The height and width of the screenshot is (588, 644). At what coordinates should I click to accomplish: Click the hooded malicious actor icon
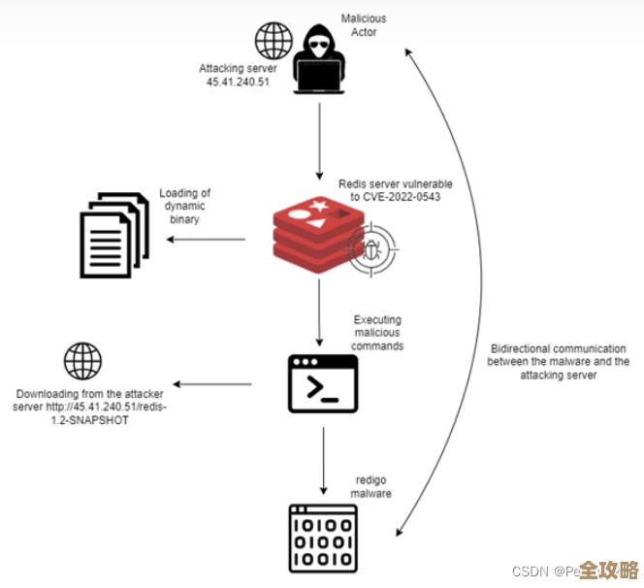(x=319, y=60)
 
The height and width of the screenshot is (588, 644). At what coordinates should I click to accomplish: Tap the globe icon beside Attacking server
(x=274, y=41)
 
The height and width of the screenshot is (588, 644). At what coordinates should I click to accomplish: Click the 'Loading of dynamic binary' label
(x=185, y=206)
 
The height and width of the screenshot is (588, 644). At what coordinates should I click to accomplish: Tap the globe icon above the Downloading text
(x=82, y=360)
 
